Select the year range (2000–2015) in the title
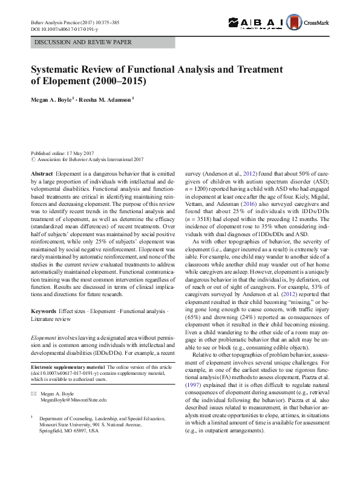pos(123,81)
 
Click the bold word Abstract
pos(42,173)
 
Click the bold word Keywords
pos(44,311)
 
